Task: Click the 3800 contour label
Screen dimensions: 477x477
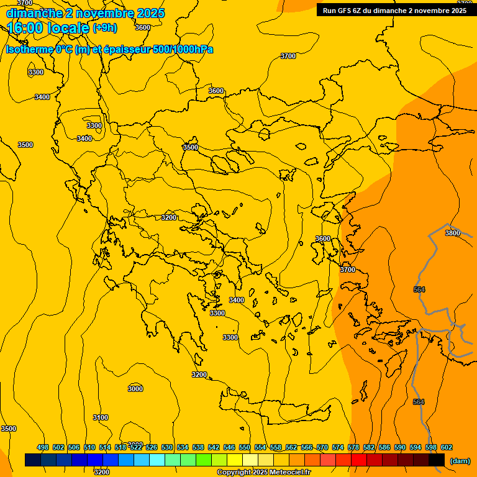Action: [x=452, y=233]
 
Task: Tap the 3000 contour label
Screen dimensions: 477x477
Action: [x=135, y=389]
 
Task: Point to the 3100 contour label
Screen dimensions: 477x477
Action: [x=101, y=417]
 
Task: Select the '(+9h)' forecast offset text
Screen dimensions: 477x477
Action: [x=104, y=28]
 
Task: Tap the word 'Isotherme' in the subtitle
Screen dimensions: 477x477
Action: [x=29, y=50]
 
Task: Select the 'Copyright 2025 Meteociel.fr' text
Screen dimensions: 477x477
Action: [x=263, y=473]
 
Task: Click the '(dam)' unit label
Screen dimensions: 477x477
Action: [x=460, y=461]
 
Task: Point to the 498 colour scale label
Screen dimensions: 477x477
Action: [x=43, y=447]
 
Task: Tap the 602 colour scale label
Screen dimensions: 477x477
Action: [x=447, y=447]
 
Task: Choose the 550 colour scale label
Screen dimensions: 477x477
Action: [x=245, y=447]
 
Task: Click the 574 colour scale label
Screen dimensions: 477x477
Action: [x=338, y=447]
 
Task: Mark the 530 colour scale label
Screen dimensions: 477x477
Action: [x=167, y=447]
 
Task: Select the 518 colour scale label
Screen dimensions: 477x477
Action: [x=120, y=447]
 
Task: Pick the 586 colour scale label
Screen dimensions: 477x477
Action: [x=384, y=447]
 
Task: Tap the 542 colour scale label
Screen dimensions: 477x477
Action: [x=214, y=447]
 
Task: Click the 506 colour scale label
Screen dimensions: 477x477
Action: [x=74, y=447]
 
